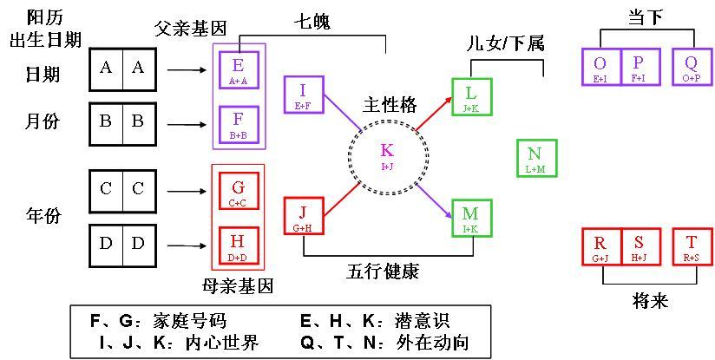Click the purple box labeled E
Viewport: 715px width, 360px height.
click(x=239, y=69)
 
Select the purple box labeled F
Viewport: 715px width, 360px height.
click(x=239, y=124)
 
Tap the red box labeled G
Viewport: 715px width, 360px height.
click(x=239, y=192)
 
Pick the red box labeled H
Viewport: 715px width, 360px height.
click(x=239, y=244)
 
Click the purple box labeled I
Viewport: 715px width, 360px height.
click(x=303, y=95)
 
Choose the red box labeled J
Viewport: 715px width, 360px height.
click(x=303, y=217)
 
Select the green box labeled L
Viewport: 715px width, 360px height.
click(x=471, y=95)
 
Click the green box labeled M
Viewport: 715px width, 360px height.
click(x=471, y=217)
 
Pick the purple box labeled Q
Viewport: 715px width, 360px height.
click(x=692, y=68)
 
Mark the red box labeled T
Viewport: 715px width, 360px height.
click(x=692, y=245)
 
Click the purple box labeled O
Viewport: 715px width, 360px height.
click(x=600, y=68)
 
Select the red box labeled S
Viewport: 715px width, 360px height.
click(x=640, y=245)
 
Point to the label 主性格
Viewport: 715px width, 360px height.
click(x=389, y=106)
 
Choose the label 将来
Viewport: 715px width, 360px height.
click(x=645, y=301)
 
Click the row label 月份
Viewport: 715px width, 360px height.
click(x=43, y=122)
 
